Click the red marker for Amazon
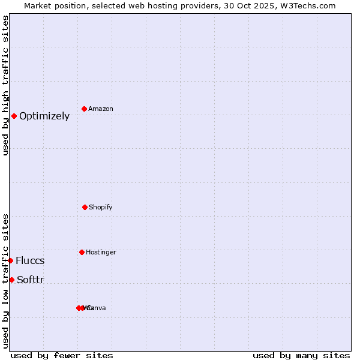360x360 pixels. coord(84,109)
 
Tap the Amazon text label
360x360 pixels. coord(101,109)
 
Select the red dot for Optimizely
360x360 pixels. coord(14,116)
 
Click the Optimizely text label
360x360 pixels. coord(44,116)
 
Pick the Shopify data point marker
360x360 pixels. coord(85,207)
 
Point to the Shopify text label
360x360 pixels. coord(101,207)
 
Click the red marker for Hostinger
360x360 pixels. coord(82,252)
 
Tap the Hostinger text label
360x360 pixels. coord(101,252)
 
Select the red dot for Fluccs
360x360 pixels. coord(11,260)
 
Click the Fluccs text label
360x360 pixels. coord(30,260)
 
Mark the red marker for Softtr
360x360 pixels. coord(11,280)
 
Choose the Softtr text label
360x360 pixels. coord(31,280)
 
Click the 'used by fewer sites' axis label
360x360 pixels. coord(62,355)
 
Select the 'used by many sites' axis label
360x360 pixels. coord(301,355)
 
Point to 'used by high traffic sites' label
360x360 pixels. coord(6,85)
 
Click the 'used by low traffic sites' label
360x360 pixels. coord(6,281)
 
